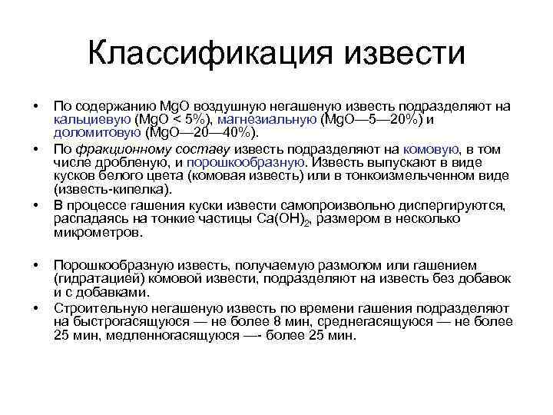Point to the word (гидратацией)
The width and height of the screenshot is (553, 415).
point(97,279)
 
